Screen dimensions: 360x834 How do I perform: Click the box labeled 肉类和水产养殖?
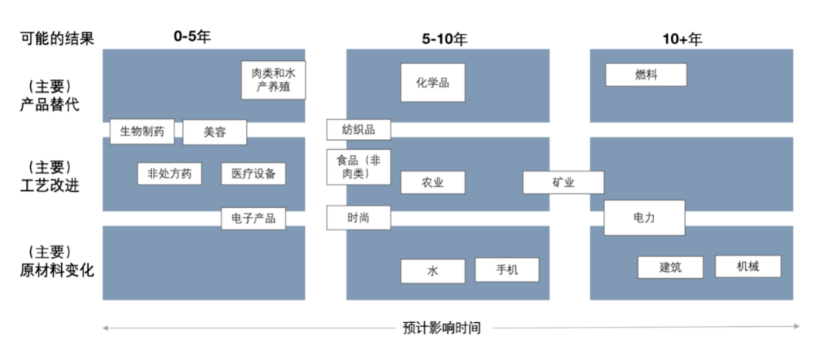point(273,80)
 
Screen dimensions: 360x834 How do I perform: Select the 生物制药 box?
point(142,131)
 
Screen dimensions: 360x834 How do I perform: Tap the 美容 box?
point(215,132)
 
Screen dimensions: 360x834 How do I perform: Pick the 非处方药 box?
point(169,174)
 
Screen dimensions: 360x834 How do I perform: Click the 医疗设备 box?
point(253,174)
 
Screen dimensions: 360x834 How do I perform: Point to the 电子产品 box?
point(253,218)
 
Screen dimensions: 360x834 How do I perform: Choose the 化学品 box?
point(432,83)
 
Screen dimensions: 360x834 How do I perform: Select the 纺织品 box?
point(358,129)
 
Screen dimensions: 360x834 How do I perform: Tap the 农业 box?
point(432,182)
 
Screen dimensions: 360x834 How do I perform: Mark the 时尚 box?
point(358,218)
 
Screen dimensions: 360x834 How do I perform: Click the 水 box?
point(432,271)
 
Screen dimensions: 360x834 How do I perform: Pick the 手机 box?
point(507,270)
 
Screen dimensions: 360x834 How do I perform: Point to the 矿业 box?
point(563,182)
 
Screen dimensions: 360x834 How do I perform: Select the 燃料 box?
point(646,75)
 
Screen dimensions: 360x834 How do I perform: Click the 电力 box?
point(644,218)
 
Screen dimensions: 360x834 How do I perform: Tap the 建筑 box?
point(670,267)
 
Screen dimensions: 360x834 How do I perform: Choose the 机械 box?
point(748,267)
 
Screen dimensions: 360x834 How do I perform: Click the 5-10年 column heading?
point(446,39)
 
